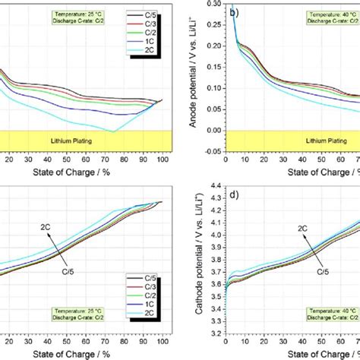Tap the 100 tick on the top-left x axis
tap(161, 160)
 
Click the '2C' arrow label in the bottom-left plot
tap(47, 226)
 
